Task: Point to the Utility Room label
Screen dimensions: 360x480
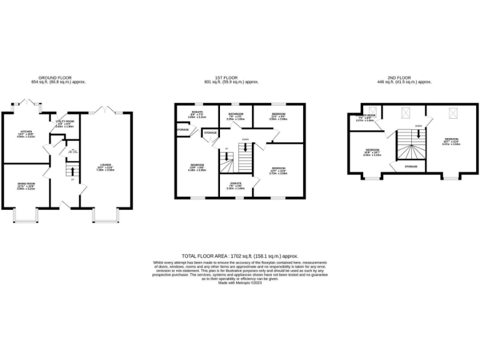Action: coord(65,122)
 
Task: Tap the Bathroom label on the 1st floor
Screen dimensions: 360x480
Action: coord(235,115)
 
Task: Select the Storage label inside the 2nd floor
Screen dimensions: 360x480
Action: coord(411,167)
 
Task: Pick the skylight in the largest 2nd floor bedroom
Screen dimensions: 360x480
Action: coord(451,113)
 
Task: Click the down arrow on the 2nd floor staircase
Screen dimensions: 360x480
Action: coord(418,133)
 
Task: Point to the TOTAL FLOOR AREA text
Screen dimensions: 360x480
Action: coord(240,256)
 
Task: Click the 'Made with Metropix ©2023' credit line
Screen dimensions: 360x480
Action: coord(240,282)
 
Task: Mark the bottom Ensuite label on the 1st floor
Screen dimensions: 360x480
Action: coord(235,184)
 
